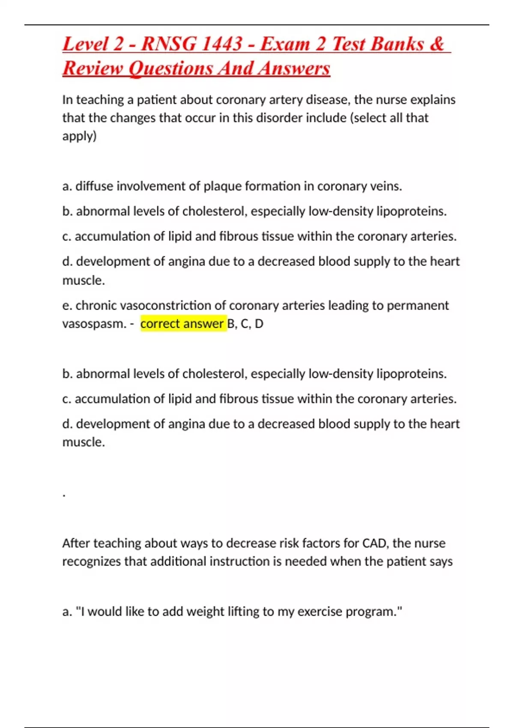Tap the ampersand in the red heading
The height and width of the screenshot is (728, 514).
click(x=436, y=44)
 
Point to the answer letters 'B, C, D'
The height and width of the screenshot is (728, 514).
click(x=245, y=324)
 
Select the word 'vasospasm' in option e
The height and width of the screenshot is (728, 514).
click(x=94, y=324)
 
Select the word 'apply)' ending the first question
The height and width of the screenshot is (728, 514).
click(x=80, y=137)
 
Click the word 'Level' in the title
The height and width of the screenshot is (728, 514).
click(x=85, y=44)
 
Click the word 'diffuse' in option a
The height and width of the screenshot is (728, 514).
click(x=94, y=186)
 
